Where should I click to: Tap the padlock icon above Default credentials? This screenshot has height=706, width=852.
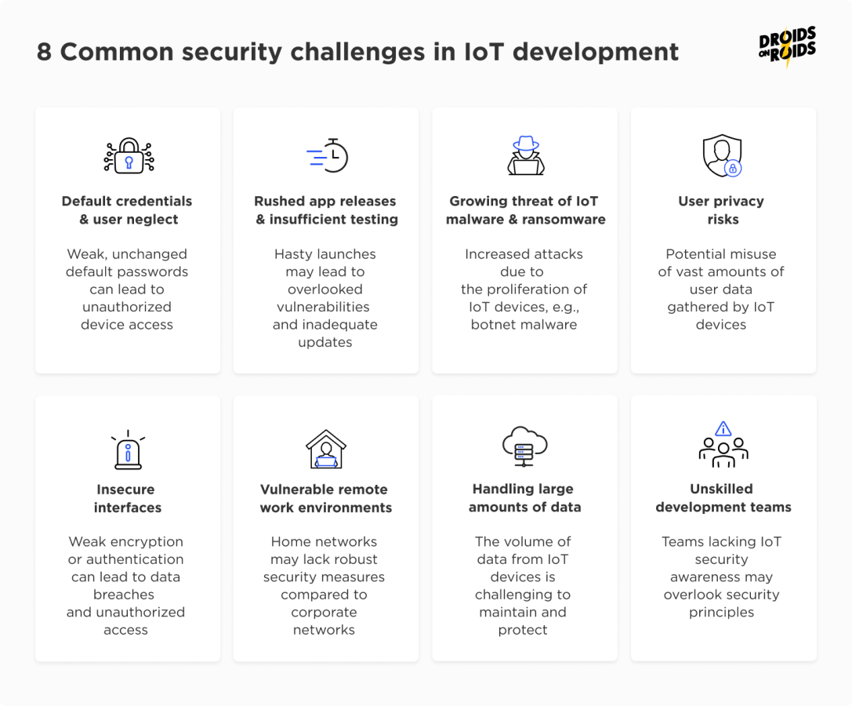(129, 155)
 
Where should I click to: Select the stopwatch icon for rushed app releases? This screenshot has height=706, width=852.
(328, 155)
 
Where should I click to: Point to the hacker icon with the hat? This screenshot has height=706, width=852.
(525, 155)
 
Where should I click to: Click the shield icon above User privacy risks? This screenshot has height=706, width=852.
(722, 155)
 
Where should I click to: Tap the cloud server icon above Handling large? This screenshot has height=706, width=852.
(524, 446)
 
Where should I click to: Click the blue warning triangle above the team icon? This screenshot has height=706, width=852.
(723, 428)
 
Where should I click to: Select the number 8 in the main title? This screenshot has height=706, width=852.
(44, 52)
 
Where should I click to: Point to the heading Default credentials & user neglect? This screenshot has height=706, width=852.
(127, 210)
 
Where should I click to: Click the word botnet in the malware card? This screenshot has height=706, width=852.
(491, 325)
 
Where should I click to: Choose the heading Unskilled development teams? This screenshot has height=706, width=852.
(723, 498)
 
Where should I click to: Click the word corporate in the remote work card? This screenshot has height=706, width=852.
(324, 612)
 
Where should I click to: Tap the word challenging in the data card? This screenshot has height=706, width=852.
(523, 595)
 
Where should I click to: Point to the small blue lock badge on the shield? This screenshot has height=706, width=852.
(733, 168)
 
